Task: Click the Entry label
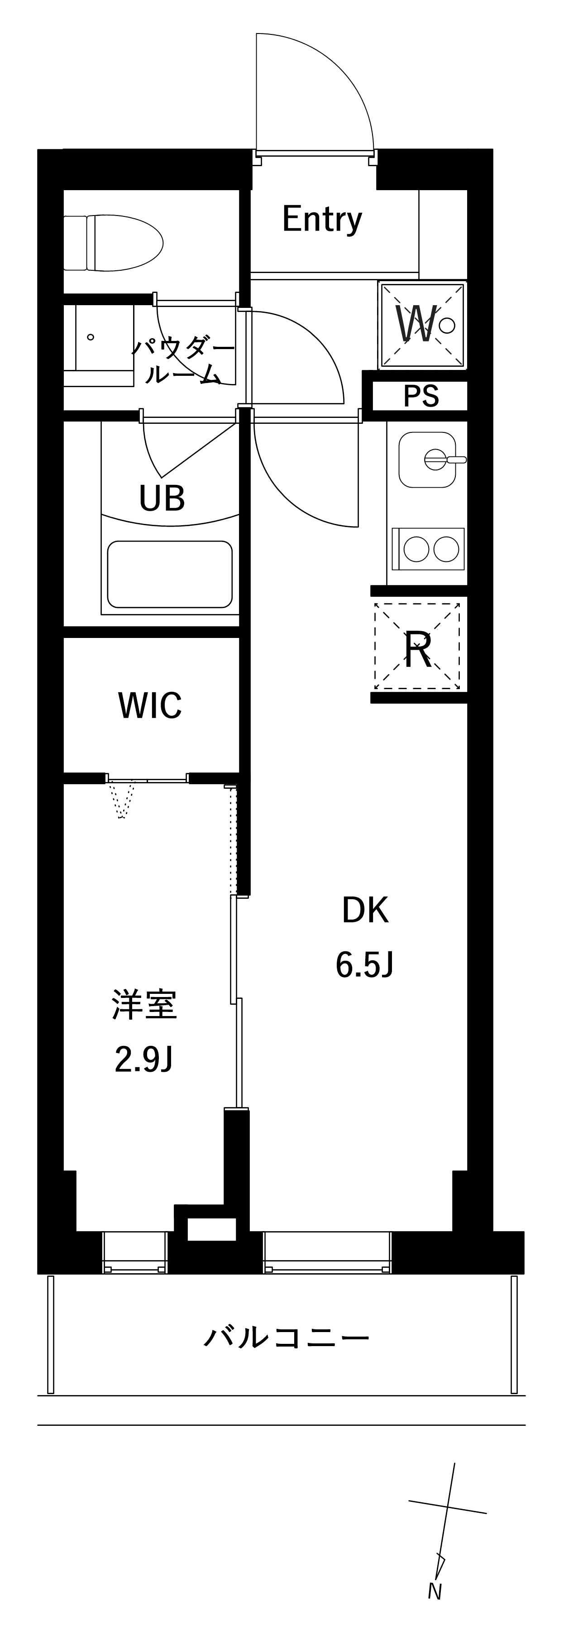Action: (x=322, y=220)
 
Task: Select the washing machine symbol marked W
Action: (x=422, y=325)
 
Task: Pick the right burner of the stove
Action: (x=446, y=549)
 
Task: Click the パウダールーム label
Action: (x=183, y=362)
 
